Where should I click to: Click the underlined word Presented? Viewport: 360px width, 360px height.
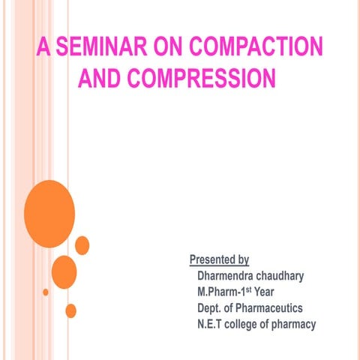coord(212,261)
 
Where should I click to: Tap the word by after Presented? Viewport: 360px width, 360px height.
coord(242,261)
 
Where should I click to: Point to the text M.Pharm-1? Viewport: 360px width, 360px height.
coord(221,292)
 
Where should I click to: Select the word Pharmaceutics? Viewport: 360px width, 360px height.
coord(271,308)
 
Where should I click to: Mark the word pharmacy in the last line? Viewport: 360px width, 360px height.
coord(296,324)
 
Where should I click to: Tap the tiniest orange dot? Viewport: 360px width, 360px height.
coord(46,292)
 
